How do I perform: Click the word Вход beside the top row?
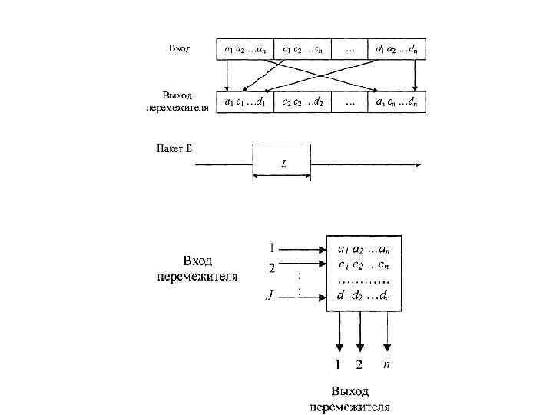pyautogui.click(x=180, y=48)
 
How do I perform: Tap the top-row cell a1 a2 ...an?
pyautogui.click(x=245, y=50)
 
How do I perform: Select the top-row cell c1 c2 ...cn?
pyautogui.click(x=302, y=50)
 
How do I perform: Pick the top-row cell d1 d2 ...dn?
pyautogui.click(x=396, y=50)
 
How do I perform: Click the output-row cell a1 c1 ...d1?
pyautogui.click(x=245, y=101)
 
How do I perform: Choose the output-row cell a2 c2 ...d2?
pyautogui.click(x=302, y=101)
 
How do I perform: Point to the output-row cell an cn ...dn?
pyautogui.click(x=396, y=101)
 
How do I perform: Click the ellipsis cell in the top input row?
pyautogui.click(x=349, y=50)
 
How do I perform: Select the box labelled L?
pyautogui.click(x=282, y=163)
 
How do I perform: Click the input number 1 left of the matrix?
pyautogui.click(x=270, y=248)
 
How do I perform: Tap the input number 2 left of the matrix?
pyautogui.click(x=270, y=267)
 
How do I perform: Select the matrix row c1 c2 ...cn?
pyautogui.click(x=363, y=265)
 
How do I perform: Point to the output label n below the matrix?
pyautogui.click(x=386, y=364)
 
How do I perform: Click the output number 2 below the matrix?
pyautogui.click(x=359, y=365)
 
